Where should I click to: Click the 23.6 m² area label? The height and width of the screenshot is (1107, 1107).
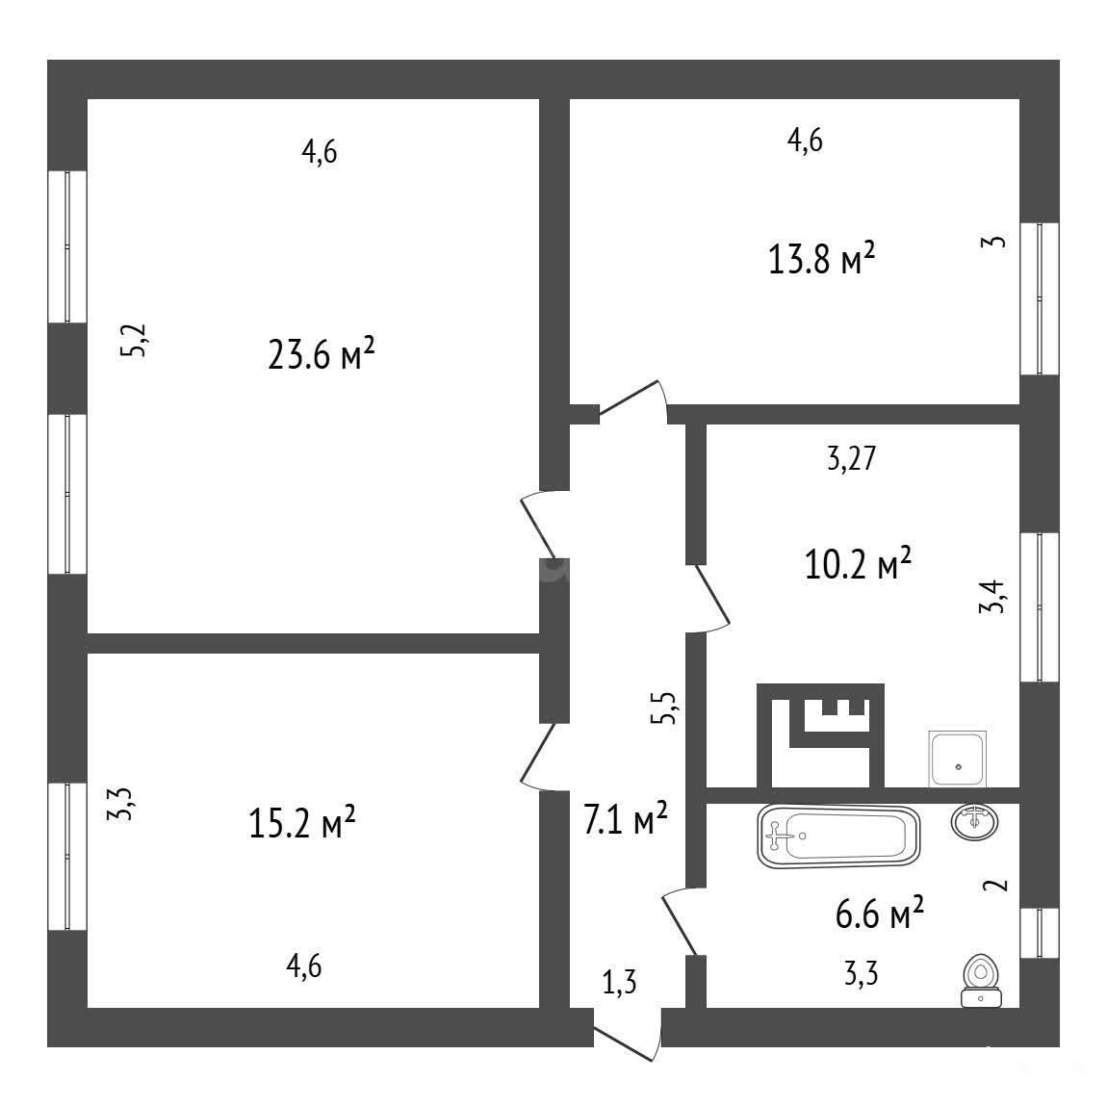[x=322, y=353]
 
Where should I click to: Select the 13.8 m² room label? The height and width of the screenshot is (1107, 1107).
[x=822, y=259]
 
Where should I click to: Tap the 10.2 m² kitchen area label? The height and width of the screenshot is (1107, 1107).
[x=858, y=564]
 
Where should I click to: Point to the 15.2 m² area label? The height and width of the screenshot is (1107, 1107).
[x=302, y=823]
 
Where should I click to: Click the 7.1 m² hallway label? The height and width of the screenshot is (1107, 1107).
[x=626, y=819]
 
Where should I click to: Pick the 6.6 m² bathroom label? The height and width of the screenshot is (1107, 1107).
[x=879, y=915]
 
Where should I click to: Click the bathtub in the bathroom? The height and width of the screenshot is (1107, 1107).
[x=838, y=837]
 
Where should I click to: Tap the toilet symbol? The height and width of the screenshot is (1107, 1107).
[x=981, y=980]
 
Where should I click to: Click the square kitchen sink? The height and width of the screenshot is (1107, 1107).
[x=958, y=759]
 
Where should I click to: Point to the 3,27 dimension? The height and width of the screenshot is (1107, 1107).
[x=852, y=459]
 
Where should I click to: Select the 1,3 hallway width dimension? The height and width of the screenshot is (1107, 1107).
[x=619, y=982]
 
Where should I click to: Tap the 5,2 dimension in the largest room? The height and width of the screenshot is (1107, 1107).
[x=134, y=341]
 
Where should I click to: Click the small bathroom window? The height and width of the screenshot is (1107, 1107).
[x=1040, y=933]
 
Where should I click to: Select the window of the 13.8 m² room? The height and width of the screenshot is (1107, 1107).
[x=1040, y=298]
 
